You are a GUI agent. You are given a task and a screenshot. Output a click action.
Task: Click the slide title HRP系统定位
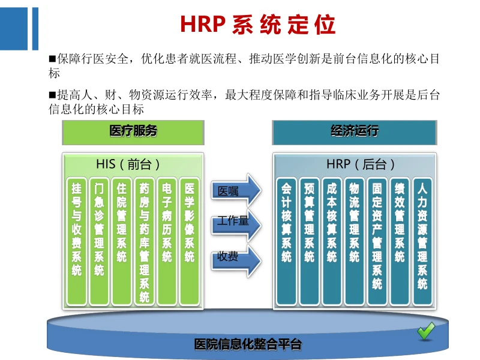257,25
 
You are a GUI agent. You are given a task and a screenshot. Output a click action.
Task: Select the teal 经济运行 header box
354,131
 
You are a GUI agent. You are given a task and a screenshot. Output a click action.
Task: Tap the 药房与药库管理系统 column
144,240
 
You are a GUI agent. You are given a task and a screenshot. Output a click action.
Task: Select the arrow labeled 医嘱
236,192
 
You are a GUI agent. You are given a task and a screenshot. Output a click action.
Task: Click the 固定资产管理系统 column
377,237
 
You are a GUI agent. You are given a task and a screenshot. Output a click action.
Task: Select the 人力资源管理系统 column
422,237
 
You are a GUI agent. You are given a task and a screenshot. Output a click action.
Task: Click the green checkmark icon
427,331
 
